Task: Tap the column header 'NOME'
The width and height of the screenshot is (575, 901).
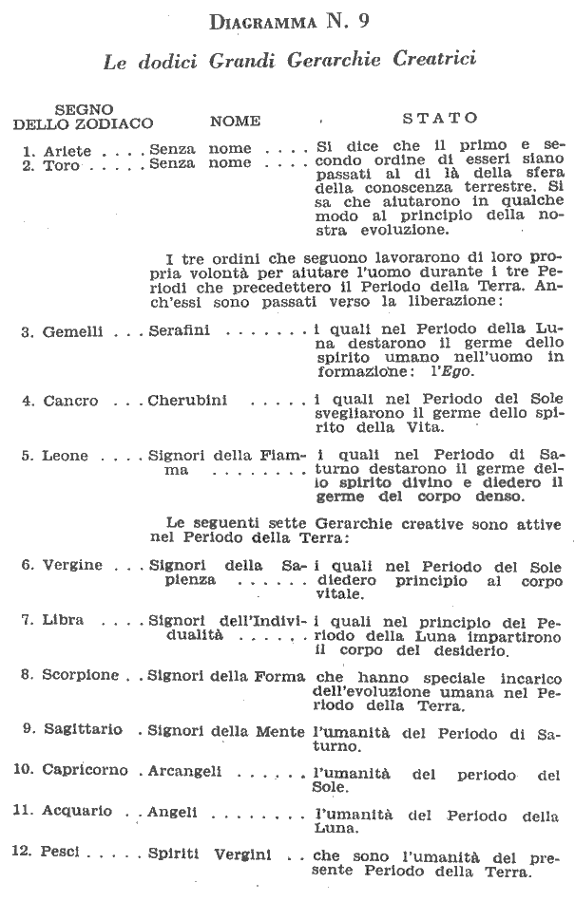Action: [x=235, y=122]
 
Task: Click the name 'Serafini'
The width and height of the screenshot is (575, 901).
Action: [x=179, y=331]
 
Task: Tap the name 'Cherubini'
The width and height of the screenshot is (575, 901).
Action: [x=187, y=401]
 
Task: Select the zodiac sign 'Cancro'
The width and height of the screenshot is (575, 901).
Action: [x=70, y=401]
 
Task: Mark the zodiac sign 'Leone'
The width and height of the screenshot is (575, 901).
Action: [x=65, y=456]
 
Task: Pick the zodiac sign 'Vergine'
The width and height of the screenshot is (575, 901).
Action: [x=72, y=565]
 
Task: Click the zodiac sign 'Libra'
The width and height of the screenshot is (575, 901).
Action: [x=63, y=620]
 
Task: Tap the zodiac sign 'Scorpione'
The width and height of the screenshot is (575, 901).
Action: [x=80, y=675]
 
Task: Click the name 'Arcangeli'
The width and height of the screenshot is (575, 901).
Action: [x=181, y=771]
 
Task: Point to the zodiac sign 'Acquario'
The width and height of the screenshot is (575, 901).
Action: [x=77, y=812]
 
